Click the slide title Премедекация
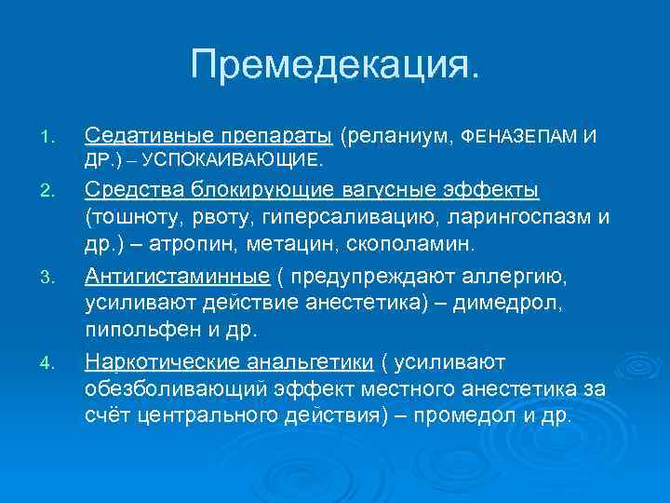pos(336,64)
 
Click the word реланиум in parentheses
pos(399,137)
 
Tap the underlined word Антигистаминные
pos(178,277)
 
